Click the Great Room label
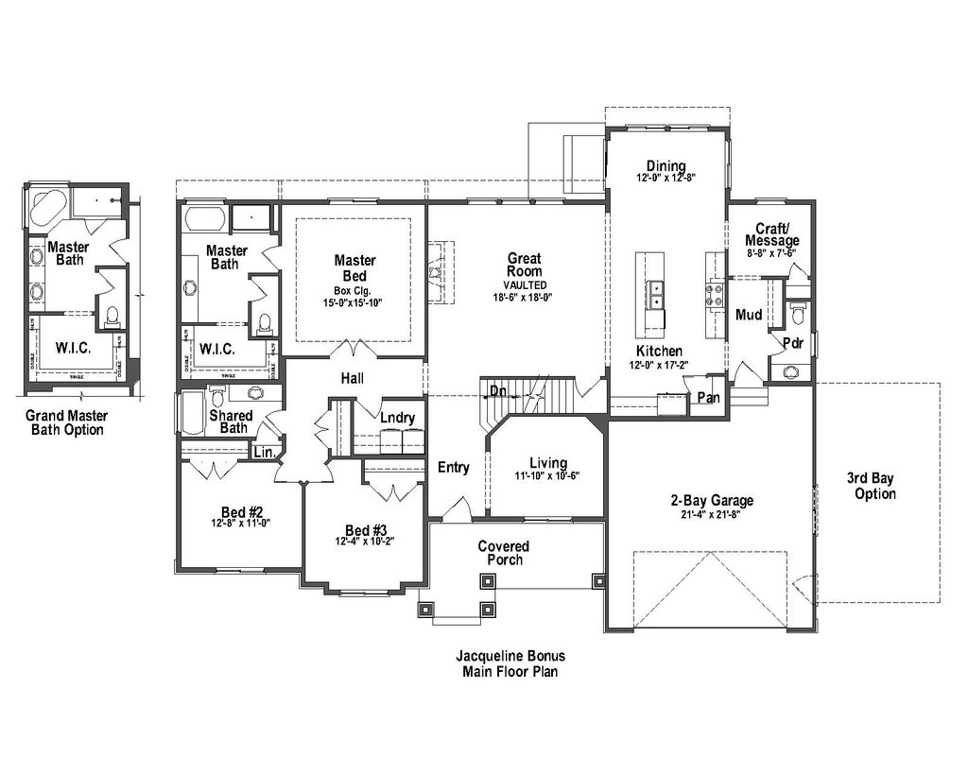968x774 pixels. [524, 265]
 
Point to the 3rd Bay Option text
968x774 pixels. [874, 487]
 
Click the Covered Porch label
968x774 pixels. [504, 553]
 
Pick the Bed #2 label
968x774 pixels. [236, 513]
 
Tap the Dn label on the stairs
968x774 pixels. [496, 390]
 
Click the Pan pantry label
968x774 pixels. [708, 398]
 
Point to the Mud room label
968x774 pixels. [749, 315]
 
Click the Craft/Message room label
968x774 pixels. [777, 234]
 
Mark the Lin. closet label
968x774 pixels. [264, 453]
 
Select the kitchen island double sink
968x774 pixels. [653, 295]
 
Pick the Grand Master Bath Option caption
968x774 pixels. [66, 422]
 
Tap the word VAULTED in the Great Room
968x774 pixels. [524, 284]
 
